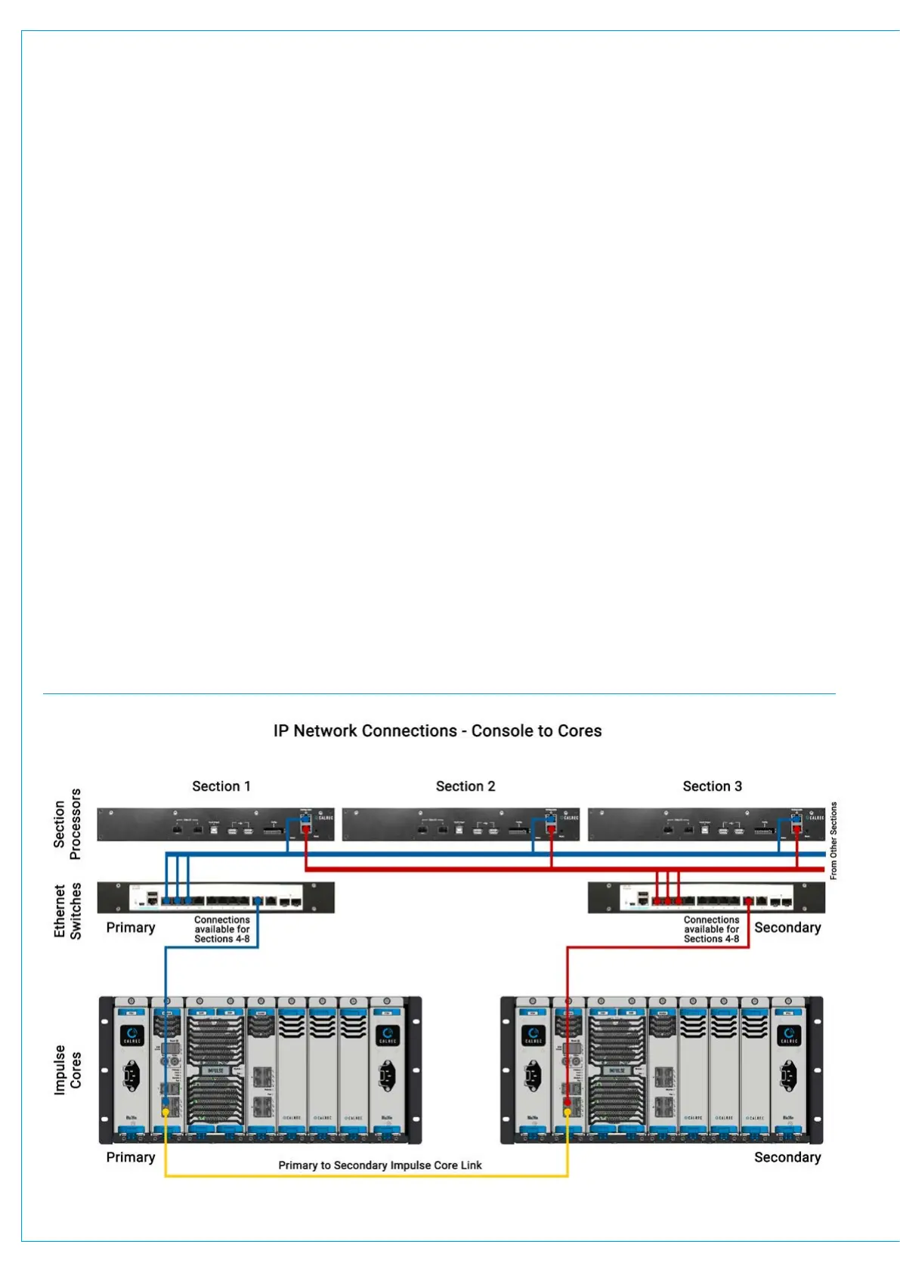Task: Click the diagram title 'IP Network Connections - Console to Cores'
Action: click(438, 731)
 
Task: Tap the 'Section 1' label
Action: click(221, 786)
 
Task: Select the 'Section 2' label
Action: click(465, 786)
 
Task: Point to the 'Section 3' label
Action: click(712, 786)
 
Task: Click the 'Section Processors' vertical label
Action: click(66, 824)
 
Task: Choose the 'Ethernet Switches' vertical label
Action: click(66, 911)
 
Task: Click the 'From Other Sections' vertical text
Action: click(834, 840)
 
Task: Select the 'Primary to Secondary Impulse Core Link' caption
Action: click(379, 1165)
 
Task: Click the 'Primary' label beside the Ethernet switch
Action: click(131, 928)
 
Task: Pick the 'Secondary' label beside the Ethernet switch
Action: click(787, 928)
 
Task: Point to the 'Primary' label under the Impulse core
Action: click(131, 1157)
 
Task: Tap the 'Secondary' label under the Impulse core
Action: click(787, 1157)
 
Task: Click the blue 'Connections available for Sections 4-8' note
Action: click(221, 930)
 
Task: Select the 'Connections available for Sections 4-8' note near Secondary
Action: click(711, 930)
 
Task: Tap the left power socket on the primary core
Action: click(133, 1073)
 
